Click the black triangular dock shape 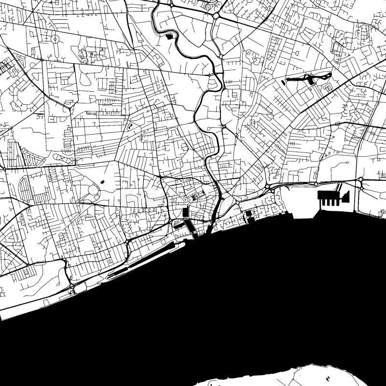(x=345, y=196)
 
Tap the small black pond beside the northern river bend (x=169, y=36)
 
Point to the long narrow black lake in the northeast (x=309, y=77)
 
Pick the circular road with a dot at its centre (x=55, y=39)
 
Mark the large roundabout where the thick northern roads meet (x=216, y=16)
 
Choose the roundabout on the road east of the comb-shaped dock (x=360, y=180)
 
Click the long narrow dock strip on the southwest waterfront (x=145, y=261)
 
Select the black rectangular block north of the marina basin (x=186, y=212)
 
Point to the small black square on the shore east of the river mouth (x=249, y=214)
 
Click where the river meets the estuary (x=209, y=231)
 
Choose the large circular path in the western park (x=94, y=190)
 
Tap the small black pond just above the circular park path (x=102, y=182)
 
